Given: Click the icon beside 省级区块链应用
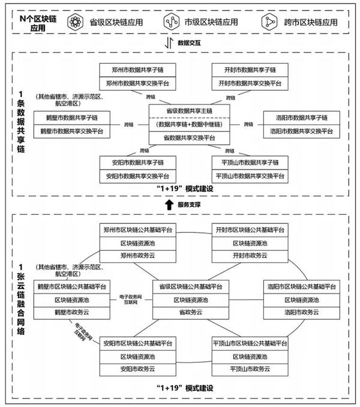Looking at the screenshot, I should pyautogui.click(x=75, y=22).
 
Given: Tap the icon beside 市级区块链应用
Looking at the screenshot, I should pyautogui.click(x=169, y=22).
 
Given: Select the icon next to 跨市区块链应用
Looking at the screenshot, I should pyautogui.click(x=267, y=22).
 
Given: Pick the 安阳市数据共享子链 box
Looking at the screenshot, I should pyautogui.click(x=136, y=163).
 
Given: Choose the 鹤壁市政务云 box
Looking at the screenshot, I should pyautogui.click(x=71, y=313).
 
